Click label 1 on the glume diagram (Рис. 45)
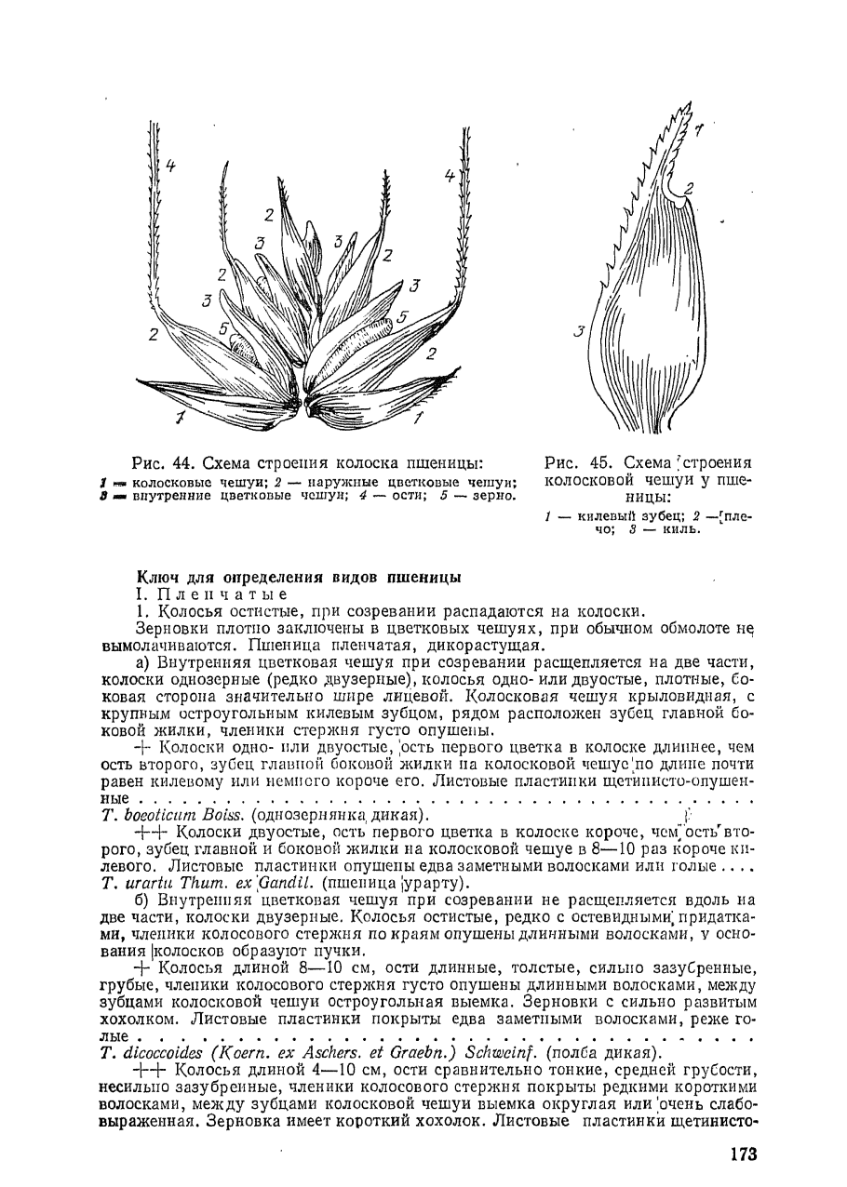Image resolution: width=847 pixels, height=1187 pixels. tap(699, 132)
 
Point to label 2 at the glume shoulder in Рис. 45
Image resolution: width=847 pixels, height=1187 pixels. tap(689, 189)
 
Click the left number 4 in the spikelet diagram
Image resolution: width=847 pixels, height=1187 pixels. tap(170, 167)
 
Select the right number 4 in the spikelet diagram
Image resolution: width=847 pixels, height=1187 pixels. tap(449, 175)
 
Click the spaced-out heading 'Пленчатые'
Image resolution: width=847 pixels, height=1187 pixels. tap(221, 593)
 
